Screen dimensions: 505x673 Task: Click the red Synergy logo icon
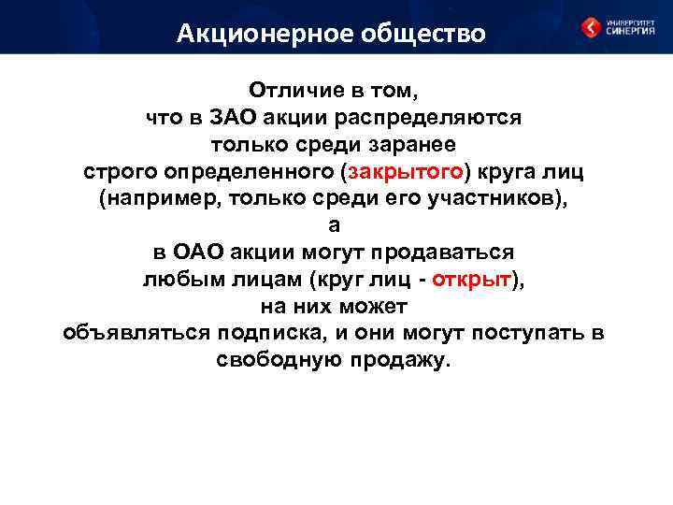tap(592, 28)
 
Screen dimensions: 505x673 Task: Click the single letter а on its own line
tap(335, 226)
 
